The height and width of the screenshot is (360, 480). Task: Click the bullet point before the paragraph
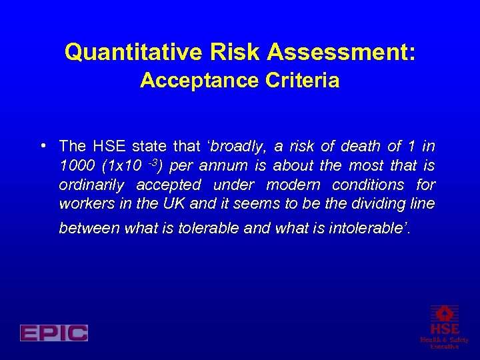coord(43,146)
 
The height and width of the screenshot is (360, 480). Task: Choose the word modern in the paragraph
coord(293,185)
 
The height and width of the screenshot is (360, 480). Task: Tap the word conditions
coord(368,185)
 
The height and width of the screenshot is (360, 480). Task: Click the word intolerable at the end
coord(370,228)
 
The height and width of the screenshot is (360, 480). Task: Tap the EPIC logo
coord(54,333)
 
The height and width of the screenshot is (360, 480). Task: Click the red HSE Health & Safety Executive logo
coord(444,327)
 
